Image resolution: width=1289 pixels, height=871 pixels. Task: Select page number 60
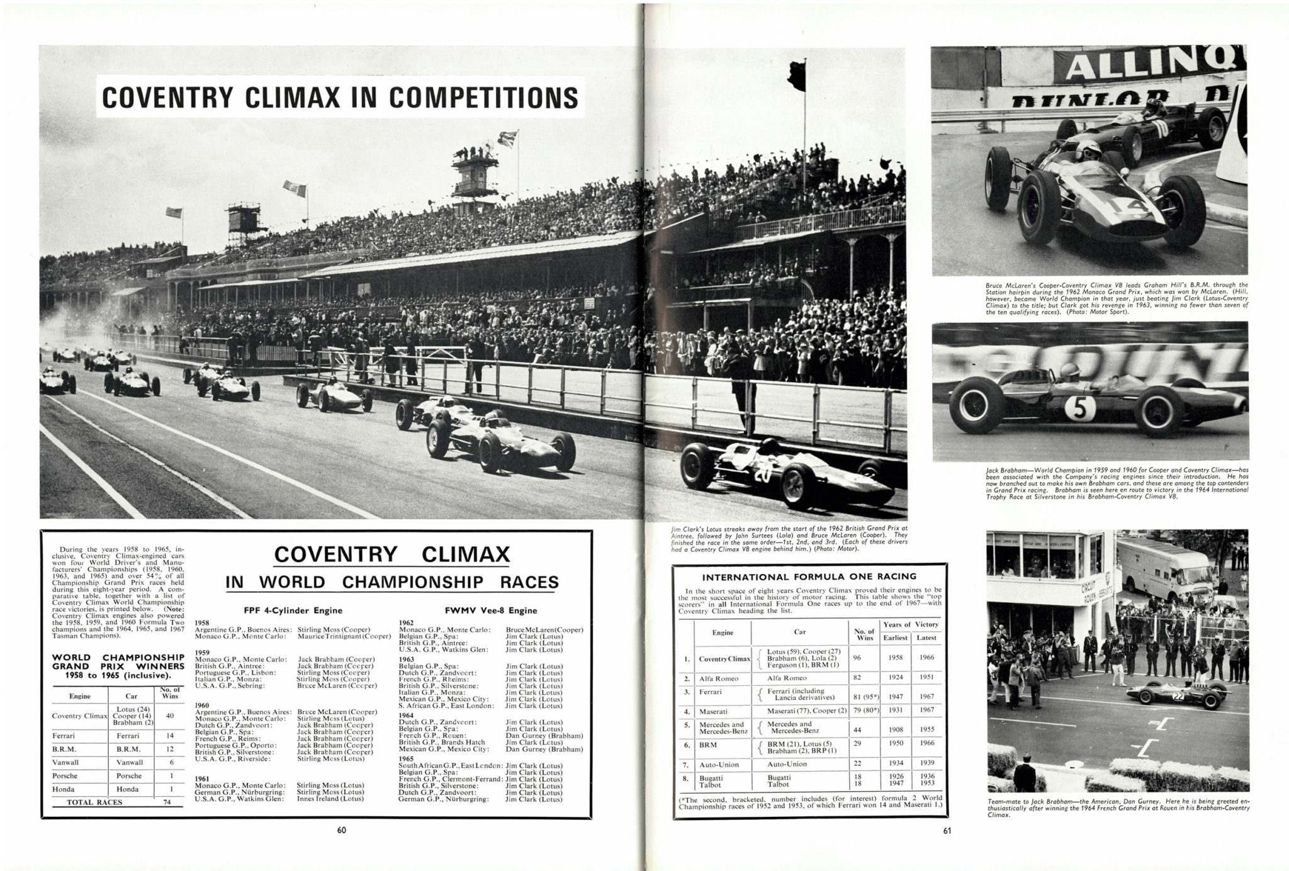341,830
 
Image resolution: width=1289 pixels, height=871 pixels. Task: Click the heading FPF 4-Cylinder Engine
293,610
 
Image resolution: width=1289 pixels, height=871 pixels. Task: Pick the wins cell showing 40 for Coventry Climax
169,716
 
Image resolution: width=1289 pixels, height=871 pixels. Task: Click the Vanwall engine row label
65,762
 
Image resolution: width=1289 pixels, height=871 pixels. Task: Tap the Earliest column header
895,638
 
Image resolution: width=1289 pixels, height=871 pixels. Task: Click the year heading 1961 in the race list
202,778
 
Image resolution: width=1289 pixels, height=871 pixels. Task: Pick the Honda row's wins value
169,789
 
